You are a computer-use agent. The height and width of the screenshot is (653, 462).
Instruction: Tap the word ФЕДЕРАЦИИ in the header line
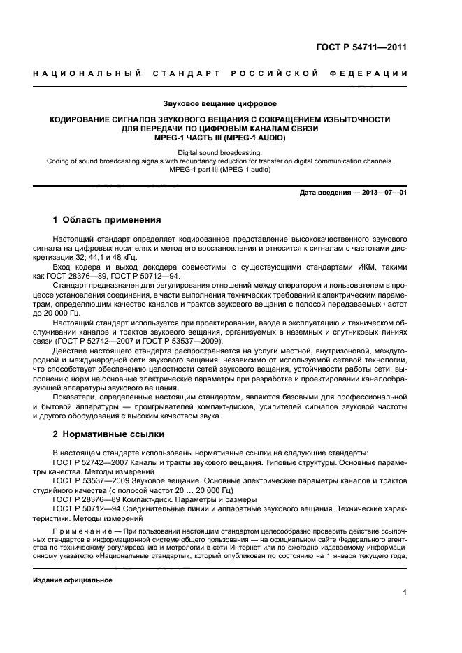373,73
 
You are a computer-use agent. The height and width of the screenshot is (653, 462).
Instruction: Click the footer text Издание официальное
73,580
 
